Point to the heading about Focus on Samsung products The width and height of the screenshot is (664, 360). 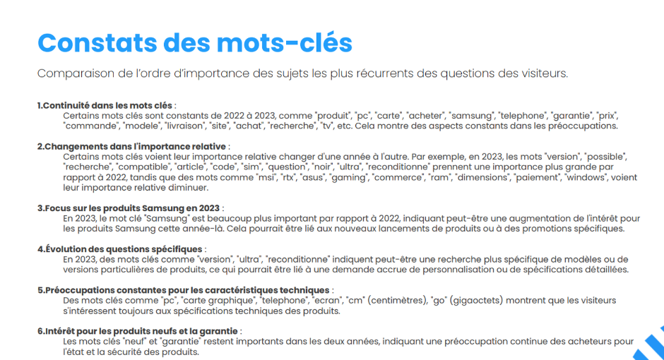[x=129, y=208]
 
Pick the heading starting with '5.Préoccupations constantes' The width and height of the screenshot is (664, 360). [x=182, y=290]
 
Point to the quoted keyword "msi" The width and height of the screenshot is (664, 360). [x=266, y=177]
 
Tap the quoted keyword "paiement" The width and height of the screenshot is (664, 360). [x=540, y=177]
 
